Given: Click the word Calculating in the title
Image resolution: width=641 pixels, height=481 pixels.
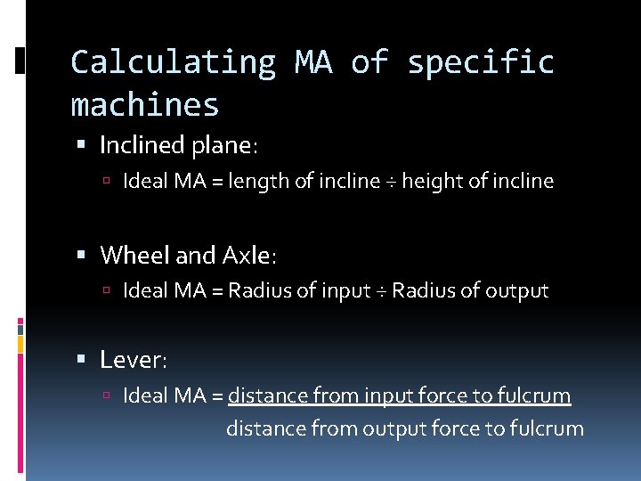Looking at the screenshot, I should pos(173,62).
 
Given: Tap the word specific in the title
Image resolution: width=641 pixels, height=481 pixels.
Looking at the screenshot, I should pos(481,62).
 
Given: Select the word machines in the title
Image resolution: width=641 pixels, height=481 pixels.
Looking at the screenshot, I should pos(145,105).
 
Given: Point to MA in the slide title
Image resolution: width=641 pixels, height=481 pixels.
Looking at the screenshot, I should pos(312,62).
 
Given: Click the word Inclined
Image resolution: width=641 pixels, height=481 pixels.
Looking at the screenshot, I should pos(137,144).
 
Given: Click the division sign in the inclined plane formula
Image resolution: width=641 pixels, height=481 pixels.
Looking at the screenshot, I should pos(391,183).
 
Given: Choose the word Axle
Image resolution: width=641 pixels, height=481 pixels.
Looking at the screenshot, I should pos(247,256).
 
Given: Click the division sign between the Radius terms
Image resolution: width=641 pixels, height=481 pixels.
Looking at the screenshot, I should pos(381,291).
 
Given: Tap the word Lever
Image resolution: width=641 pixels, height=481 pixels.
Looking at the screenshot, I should pos(131,360).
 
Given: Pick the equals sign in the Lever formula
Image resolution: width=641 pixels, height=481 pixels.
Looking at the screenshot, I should pos(217,395).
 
